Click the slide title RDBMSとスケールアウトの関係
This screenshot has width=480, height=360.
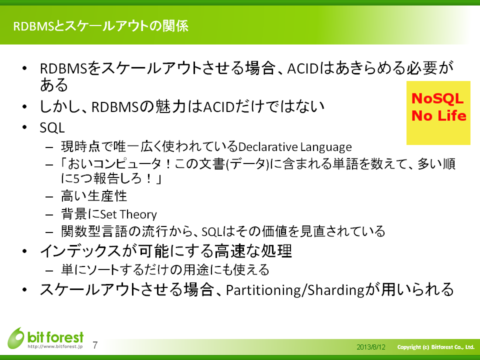[100, 26]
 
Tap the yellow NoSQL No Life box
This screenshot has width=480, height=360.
[438, 113]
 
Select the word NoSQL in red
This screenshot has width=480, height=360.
[437, 98]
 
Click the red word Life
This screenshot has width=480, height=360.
[452, 115]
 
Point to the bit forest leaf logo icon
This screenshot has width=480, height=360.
[16, 338]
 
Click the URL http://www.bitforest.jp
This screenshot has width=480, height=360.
[55, 346]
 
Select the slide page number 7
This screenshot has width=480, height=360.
[95, 345]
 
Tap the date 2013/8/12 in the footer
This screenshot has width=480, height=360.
[370, 347]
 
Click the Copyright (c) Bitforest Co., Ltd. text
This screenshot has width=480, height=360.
[435, 347]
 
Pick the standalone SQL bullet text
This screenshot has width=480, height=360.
[52, 127]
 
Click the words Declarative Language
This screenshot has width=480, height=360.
[295, 147]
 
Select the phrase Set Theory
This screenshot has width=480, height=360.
[128, 214]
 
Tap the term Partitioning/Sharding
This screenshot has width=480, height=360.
[295, 290]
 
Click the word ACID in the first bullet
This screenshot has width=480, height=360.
[303, 68]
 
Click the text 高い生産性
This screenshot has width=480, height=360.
[94, 196]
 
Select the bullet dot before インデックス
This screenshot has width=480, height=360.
[25, 251]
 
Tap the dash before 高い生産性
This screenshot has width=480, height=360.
[49, 196]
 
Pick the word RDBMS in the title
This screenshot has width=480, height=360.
[34, 26]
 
